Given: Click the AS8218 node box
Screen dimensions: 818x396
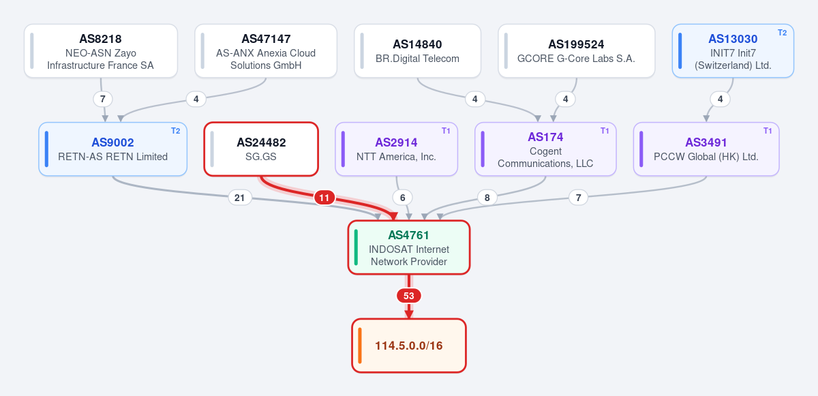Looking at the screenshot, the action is coord(101,50).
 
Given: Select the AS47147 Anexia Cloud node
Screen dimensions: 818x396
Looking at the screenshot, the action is coord(266,50).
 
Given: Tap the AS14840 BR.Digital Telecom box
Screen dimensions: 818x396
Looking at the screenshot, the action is coord(417,50).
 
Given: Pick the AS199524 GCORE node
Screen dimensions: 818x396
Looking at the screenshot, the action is coord(576,50).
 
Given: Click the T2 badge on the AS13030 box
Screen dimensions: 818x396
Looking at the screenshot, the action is coord(783,33).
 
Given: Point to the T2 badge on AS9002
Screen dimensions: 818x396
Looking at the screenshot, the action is coord(176,131).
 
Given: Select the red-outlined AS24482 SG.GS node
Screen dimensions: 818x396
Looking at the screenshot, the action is coord(261,149).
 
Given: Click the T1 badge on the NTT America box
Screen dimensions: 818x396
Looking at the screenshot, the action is coord(446,131).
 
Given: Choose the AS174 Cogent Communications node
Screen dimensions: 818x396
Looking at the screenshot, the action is coord(545,149).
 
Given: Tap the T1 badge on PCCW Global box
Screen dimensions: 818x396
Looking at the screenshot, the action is coord(768,131).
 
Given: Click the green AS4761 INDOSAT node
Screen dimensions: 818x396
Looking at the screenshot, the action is coord(409,247).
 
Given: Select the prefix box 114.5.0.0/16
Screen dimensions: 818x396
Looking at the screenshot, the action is coord(409,346).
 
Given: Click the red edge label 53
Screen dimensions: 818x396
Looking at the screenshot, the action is coord(409,296).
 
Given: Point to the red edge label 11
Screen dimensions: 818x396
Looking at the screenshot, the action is coord(324,198).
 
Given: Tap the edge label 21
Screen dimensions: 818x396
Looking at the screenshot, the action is coord(239,198).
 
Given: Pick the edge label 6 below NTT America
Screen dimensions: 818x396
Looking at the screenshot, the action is coord(402,198).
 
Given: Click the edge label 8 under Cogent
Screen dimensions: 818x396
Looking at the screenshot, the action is coord(487,198).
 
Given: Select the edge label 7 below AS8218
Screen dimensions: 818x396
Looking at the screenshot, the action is coord(103,99).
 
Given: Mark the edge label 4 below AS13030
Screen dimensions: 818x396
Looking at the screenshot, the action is coord(720,99).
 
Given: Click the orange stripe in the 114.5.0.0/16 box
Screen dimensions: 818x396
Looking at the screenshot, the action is coord(360,346).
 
